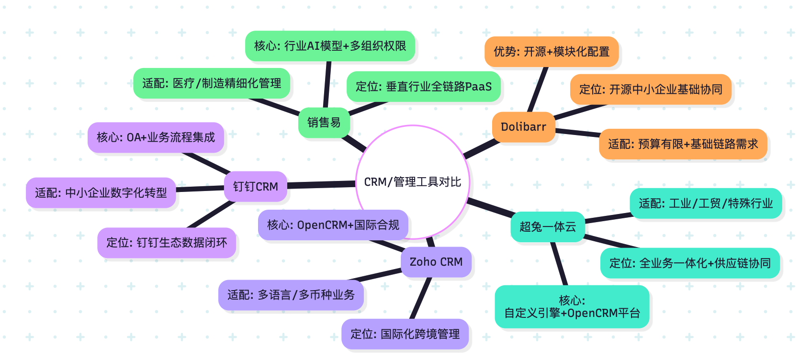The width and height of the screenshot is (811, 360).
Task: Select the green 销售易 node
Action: (x=324, y=123)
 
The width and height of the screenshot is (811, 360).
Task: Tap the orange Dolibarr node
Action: (x=523, y=127)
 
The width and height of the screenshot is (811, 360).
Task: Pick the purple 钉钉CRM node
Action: (x=256, y=186)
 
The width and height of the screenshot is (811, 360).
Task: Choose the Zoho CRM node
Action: (x=436, y=262)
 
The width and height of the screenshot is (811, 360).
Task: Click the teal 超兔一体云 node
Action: (x=548, y=226)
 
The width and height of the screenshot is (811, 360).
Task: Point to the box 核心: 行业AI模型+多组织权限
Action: (x=330, y=46)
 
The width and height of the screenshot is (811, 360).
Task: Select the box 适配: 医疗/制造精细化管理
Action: (x=212, y=83)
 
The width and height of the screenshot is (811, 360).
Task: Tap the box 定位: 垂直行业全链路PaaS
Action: (x=424, y=87)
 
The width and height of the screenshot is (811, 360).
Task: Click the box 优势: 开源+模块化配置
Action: (x=552, y=52)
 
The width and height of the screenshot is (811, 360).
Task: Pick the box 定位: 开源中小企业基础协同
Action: (x=651, y=89)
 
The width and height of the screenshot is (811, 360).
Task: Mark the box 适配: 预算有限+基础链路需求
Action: (x=683, y=144)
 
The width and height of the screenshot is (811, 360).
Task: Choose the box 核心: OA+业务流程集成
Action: (x=156, y=137)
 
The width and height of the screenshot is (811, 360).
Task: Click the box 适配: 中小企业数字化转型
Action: (x=101, y=193)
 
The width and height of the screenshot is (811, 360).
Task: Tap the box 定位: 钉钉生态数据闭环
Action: (x=167, y=243)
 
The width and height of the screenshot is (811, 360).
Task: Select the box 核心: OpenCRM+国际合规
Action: (x=333, y=225)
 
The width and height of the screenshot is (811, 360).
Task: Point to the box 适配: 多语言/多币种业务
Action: (x=291, y=295)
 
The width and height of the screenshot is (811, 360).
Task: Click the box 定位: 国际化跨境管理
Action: (x=405, y=334)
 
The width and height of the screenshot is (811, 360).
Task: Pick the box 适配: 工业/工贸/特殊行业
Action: (x=706, y=203)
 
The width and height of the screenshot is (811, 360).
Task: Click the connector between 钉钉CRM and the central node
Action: (x=321, y=184)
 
